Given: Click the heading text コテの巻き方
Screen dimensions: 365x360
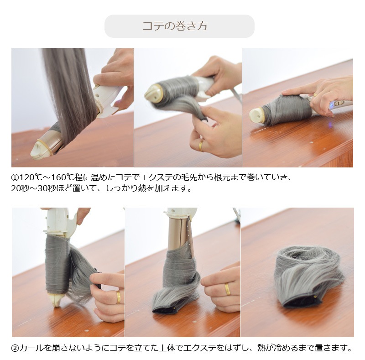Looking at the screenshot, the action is [x=175, y=26].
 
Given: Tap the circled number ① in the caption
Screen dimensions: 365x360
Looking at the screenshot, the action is [x=15, y=177].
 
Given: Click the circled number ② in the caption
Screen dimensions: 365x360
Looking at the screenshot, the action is [x=15, y=348].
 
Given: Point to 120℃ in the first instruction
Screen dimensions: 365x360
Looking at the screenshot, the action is [x=30, y=177].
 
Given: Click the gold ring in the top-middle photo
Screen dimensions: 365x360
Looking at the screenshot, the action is [x=201, y=146].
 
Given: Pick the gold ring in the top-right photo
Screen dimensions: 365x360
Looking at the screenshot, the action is [x=315, y=95].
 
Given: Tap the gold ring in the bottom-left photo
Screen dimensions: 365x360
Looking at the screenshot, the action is [x=119, y=297].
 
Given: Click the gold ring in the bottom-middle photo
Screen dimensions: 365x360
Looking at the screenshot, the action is [x=227, y=289].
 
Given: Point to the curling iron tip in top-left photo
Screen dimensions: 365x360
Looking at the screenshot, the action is [x=40, y=149].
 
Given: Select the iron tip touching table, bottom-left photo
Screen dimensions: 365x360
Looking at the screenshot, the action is [x=56, y=300].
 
